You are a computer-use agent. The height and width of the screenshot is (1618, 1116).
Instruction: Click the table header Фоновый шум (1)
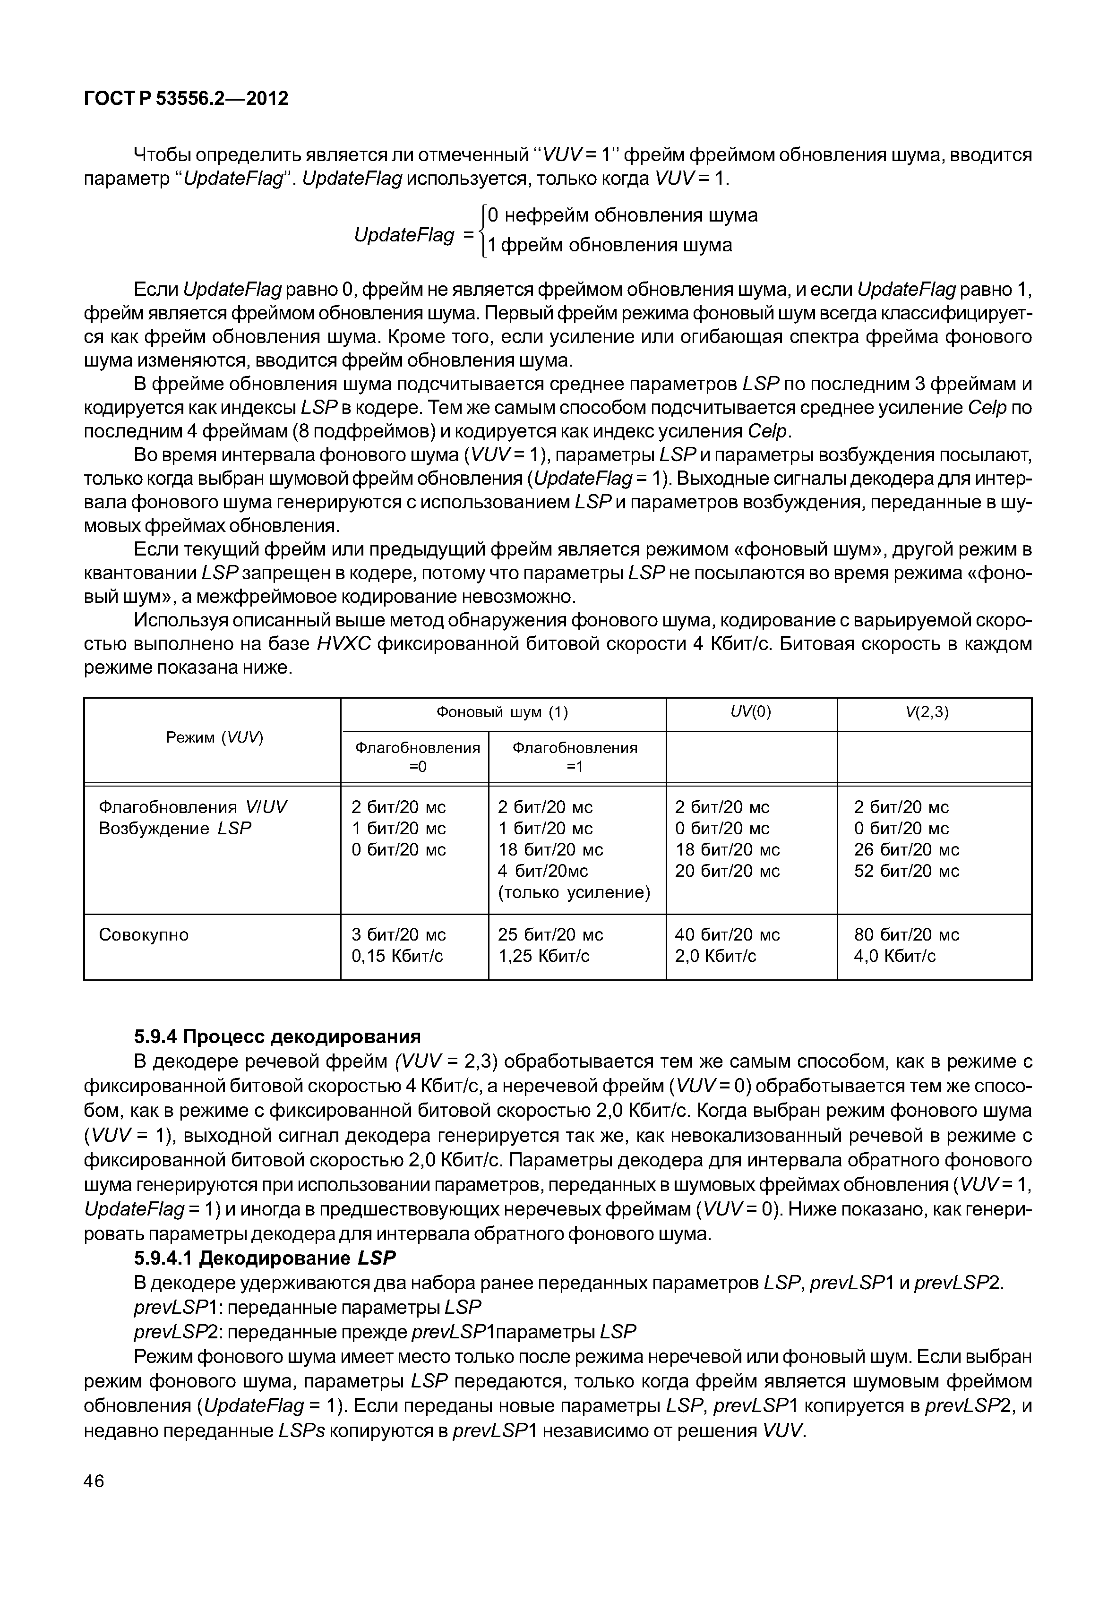click(x=502, y=712)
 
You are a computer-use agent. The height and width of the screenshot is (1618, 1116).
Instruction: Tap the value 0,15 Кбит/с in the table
click(x=397, y=956)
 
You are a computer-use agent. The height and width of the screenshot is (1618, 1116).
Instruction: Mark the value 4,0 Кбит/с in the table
click(x=894, y=956)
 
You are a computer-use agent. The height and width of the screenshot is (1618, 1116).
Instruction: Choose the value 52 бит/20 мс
click(x=906, y=871)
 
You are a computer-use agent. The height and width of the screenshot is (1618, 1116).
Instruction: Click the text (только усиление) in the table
click(x=574, y=892)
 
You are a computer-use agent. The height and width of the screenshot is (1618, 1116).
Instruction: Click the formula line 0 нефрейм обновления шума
click(x=622, y=214)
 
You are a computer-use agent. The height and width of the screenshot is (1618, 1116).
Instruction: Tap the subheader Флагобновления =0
click(x=418, y=756)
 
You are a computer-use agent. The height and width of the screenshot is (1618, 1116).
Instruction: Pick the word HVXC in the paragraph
click(x=343, y=643)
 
